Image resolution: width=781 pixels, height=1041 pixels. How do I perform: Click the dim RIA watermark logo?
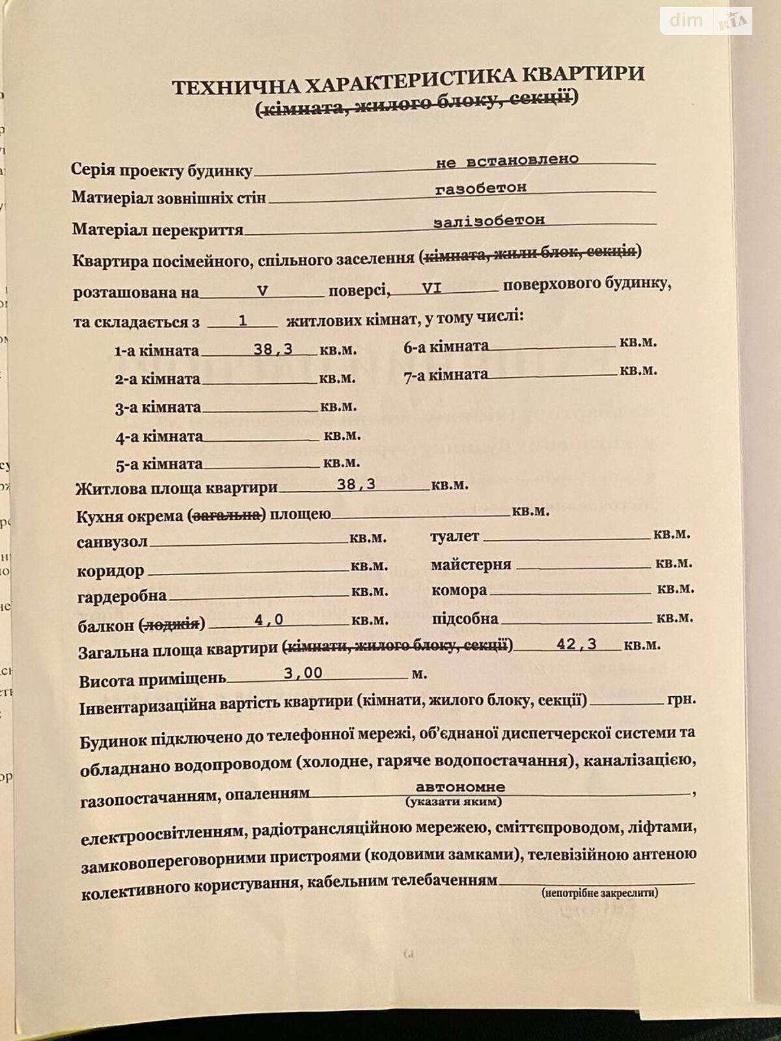706,21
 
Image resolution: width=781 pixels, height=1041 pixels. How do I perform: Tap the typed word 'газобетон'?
481,189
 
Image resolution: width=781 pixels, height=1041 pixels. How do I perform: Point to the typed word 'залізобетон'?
489,221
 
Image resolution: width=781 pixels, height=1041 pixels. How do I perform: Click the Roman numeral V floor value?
262,290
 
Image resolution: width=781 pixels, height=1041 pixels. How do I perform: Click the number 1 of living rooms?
243,320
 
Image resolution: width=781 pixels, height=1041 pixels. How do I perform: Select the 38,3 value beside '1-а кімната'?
273,349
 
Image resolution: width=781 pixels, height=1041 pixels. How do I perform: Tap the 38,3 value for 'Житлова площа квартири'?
356,483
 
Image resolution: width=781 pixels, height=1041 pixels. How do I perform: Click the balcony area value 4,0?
269,620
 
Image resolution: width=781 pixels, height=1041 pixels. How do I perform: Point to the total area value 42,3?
577,644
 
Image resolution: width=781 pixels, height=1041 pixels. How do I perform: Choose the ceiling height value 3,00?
303,673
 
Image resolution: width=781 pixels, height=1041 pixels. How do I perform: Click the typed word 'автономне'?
460,787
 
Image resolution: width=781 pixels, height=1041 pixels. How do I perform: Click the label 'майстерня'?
471,564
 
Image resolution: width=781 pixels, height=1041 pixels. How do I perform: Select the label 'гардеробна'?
122,596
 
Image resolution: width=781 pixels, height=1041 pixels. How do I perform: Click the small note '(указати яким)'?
454,802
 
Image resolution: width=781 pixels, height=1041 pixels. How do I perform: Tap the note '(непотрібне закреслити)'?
599,893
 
